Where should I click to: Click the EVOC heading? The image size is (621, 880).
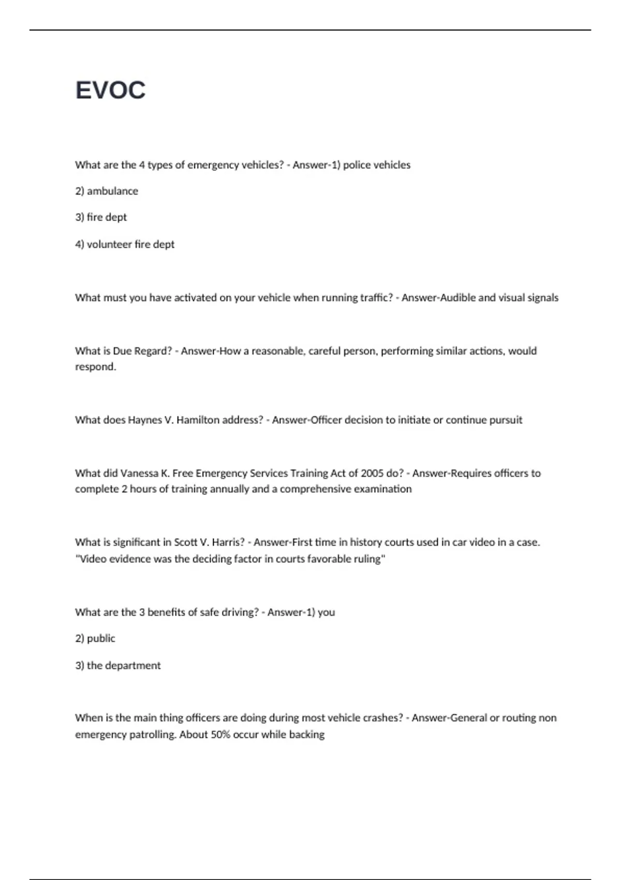(110, 90)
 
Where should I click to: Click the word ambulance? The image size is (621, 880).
(112, 191)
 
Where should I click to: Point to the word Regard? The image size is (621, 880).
(153, 351)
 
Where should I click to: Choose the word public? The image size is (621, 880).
(101, 638)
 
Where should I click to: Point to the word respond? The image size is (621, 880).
(95, 367)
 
